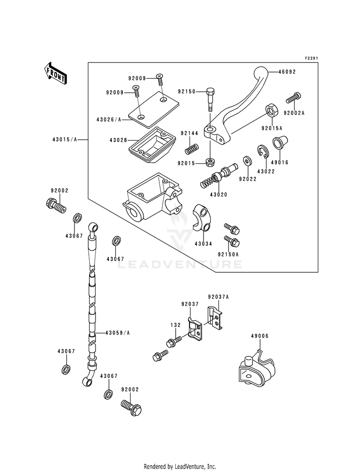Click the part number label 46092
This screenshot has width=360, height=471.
(x=287, y=72)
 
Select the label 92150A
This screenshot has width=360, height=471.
(x=228, y=254)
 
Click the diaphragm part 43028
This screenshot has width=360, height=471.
(x=152, y=145)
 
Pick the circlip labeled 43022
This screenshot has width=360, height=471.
(x=263, y=151)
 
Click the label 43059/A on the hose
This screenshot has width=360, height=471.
(x=118, y=333)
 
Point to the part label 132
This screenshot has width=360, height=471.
(x=176, y=325)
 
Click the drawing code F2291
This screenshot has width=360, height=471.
(x=312, y=58)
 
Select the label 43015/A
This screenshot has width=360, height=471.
(x=65, y=139)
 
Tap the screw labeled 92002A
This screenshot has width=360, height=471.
(x=293, y=97)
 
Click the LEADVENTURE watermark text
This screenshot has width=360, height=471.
(x=180, y=265)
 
